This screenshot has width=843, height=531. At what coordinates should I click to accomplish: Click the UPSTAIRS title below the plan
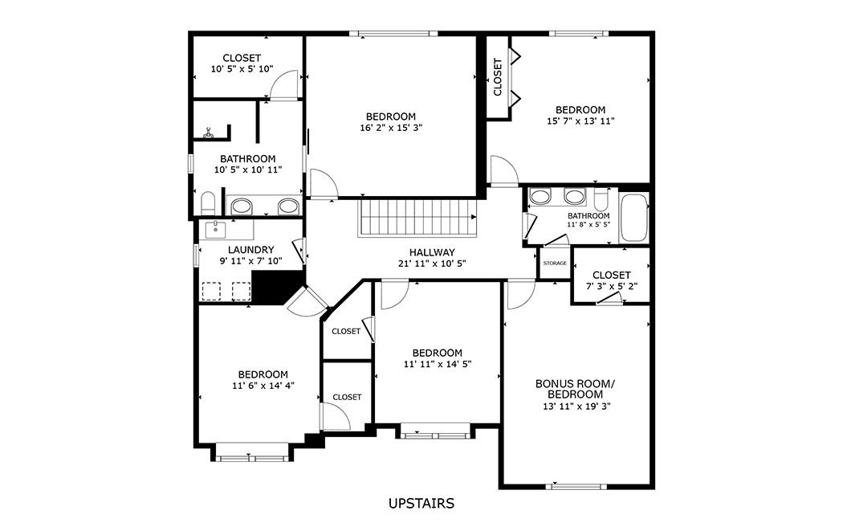[x=421, y=504]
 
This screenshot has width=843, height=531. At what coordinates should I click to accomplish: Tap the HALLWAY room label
[x=432, y=252]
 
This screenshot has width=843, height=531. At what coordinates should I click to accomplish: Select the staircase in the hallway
[x=417, y=218]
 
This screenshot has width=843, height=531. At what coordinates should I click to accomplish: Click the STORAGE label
[x=554, y=263]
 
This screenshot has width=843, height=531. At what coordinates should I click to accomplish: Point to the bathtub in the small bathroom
[x=634, y=218]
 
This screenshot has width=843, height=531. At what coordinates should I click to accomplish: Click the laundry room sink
[x=216, y=229]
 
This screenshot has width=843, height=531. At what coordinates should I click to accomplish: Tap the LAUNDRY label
[x=250, y=250]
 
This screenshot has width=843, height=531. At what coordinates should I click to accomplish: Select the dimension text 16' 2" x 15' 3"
[x=391, y=128]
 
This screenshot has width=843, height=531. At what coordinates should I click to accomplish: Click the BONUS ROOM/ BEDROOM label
[x=575, y=389]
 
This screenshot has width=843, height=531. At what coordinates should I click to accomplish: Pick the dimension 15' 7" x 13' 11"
[x=580, y=121]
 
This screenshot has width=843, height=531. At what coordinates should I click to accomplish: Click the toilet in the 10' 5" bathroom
[x=207, y=202]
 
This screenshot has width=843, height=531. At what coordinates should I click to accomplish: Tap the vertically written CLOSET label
[x=497, y=77]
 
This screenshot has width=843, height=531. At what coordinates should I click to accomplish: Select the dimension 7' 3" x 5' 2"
[x=612, y=286]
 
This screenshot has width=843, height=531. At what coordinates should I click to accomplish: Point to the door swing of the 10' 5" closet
[x=283, y=85]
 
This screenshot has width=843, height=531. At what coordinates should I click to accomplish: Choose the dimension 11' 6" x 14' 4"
[x=263, y=386]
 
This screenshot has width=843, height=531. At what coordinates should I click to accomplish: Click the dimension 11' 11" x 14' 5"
[x=437, y=364]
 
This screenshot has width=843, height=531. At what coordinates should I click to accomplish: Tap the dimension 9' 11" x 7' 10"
[x=251, y=261]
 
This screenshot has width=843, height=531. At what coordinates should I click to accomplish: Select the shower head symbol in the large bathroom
[x=209, y=133]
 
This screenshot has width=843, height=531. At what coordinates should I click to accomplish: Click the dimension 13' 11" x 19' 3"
[x=576, y=406]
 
